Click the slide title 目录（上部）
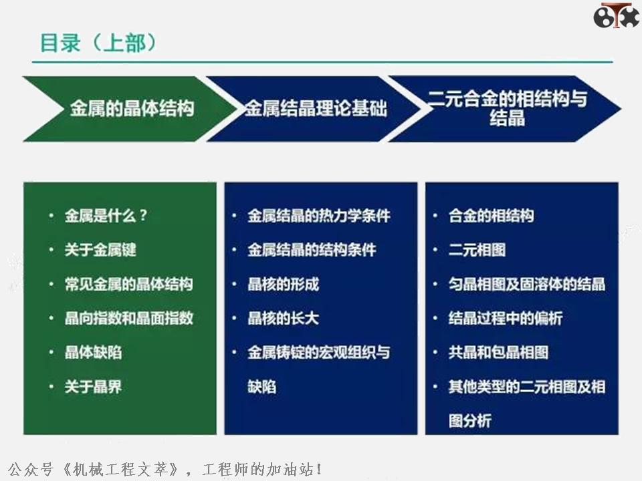pyautogui.click(x=98, y=43)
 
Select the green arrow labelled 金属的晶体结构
pyautogui.click(x=127, y=108)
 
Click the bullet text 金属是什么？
pyautogui.click(x=106, y=216)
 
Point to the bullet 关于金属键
pyautogui.click(x=100, y=250)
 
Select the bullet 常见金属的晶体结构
pyautogui.click(x=128, y=284)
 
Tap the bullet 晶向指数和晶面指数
pyautogui.click(x=128, y=318)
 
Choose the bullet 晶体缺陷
pyautogui.click(x=93, y=352)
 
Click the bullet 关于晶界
pyautogui.click(x=93, y=386)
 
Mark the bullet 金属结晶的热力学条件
pyautogui.click(x=319, y=216)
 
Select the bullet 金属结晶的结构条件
pyautogui.click(x=312, y=250)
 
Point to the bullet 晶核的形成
pyautogui.click(x=283, y=284)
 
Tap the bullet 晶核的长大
pyautogui.click(x=283, y=318)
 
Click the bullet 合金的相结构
pyautogui.click(x=491, y=216)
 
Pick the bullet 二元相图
pyautogui.click(x=477, y=250)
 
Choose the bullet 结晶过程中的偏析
pyautogui.click(x=505, y=318)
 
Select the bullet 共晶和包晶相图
pyautogui.click(x=498, y=352)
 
